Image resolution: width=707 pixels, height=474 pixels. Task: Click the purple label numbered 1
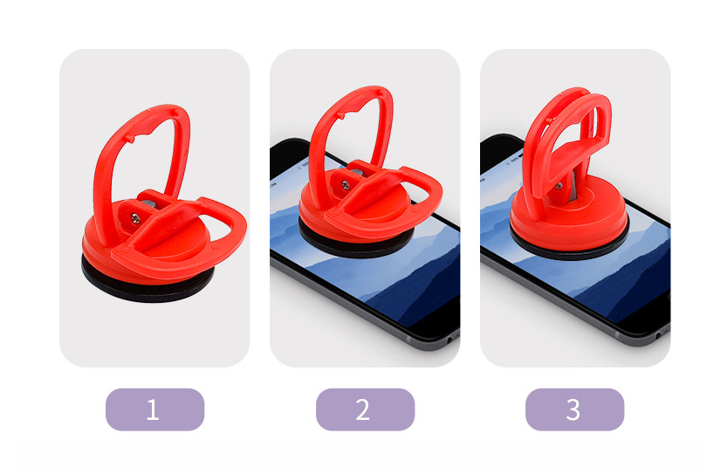click(x=154, y=409)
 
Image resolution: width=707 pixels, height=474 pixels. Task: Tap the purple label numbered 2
click(x=365, y=409)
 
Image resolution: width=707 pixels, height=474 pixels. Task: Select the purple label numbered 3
click(x=574, y=409)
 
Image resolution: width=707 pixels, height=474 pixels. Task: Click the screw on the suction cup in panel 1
click(x=135, y=219)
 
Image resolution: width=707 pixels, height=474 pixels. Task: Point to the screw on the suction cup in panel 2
click(x=346, y=184)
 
